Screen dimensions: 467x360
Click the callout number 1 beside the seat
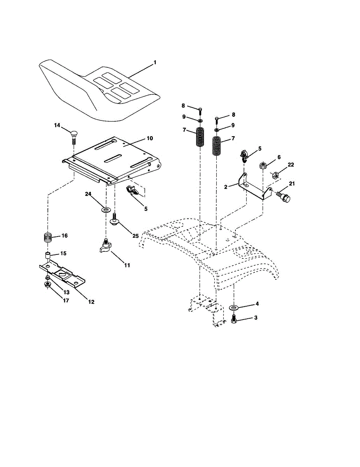tap(155, 63)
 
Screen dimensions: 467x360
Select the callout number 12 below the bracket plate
tap(91, 302)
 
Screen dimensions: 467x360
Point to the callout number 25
tap(135, 236)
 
